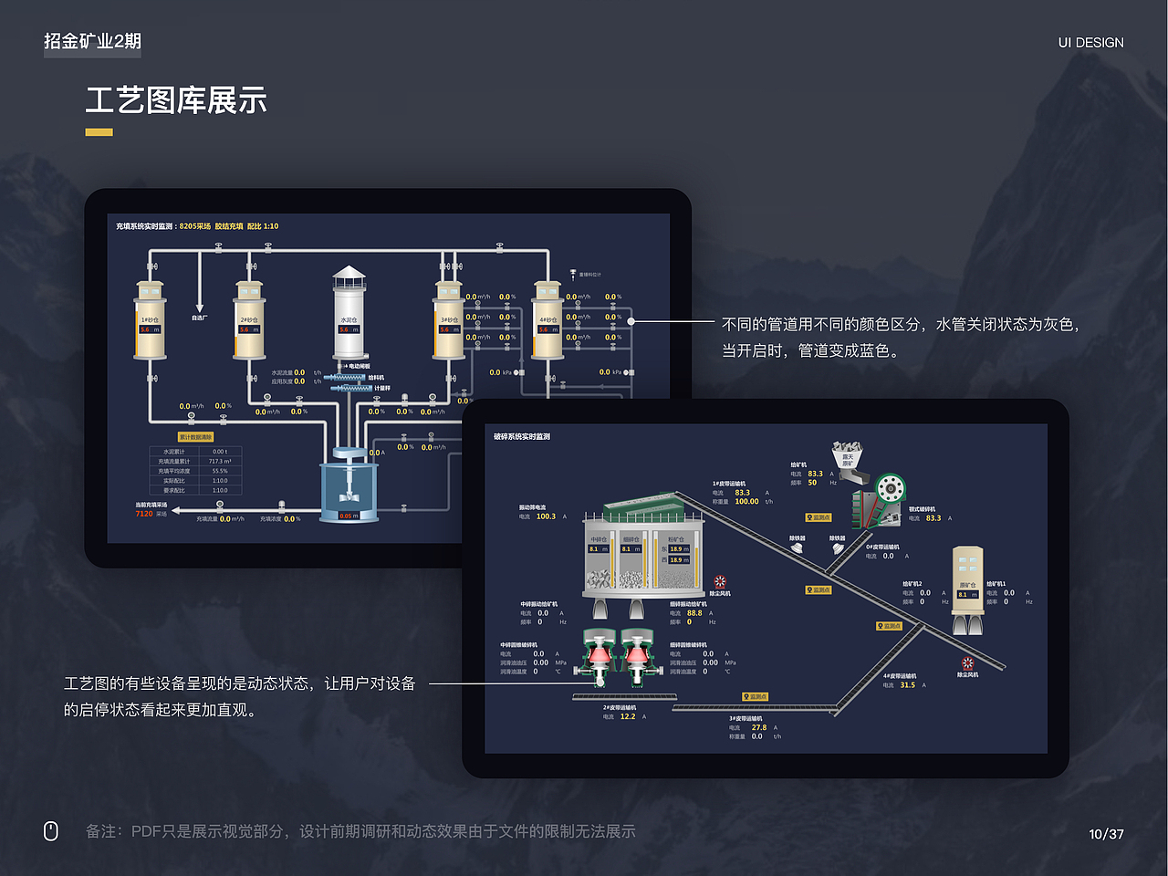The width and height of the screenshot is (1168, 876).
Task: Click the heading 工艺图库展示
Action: pyautogui.click(x=176, y=100)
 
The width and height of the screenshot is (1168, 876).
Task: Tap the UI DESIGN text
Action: pyautogui.click(x=1090, y=42)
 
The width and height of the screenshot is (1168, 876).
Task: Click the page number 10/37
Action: pyautogui.click(x=1106, y=834)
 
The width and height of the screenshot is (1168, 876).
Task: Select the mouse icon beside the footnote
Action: pyautogui.click(x=51, y=830)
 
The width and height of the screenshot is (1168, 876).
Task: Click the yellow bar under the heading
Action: pyautogui.click(x=99, y=132)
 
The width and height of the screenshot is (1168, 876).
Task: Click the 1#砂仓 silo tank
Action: pyautogui.click(x=150, y=321)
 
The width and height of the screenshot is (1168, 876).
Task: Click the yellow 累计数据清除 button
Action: pyautogui.click(x=195, y=437)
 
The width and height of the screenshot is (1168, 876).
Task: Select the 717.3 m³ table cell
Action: pyautogui.click(x=220, y=461)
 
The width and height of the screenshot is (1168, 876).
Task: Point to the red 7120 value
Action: pyautogui.click(x=144, y=514)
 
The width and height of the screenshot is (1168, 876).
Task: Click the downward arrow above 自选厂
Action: pyautogui.click(x=199, y=307)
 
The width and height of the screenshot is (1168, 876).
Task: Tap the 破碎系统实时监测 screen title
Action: pyautogui.click(x=522, y=436)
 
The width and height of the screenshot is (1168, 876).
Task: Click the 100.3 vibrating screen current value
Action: pyautogui.click(x=546, y=516)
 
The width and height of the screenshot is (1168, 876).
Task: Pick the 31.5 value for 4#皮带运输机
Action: pyautogui.click(x=907, y=685)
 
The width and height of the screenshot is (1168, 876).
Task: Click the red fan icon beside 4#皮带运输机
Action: pyautogui.click(x=967, y=663)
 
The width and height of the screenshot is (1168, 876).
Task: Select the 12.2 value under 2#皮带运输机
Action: pyautogui.click(x=628, y=716)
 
